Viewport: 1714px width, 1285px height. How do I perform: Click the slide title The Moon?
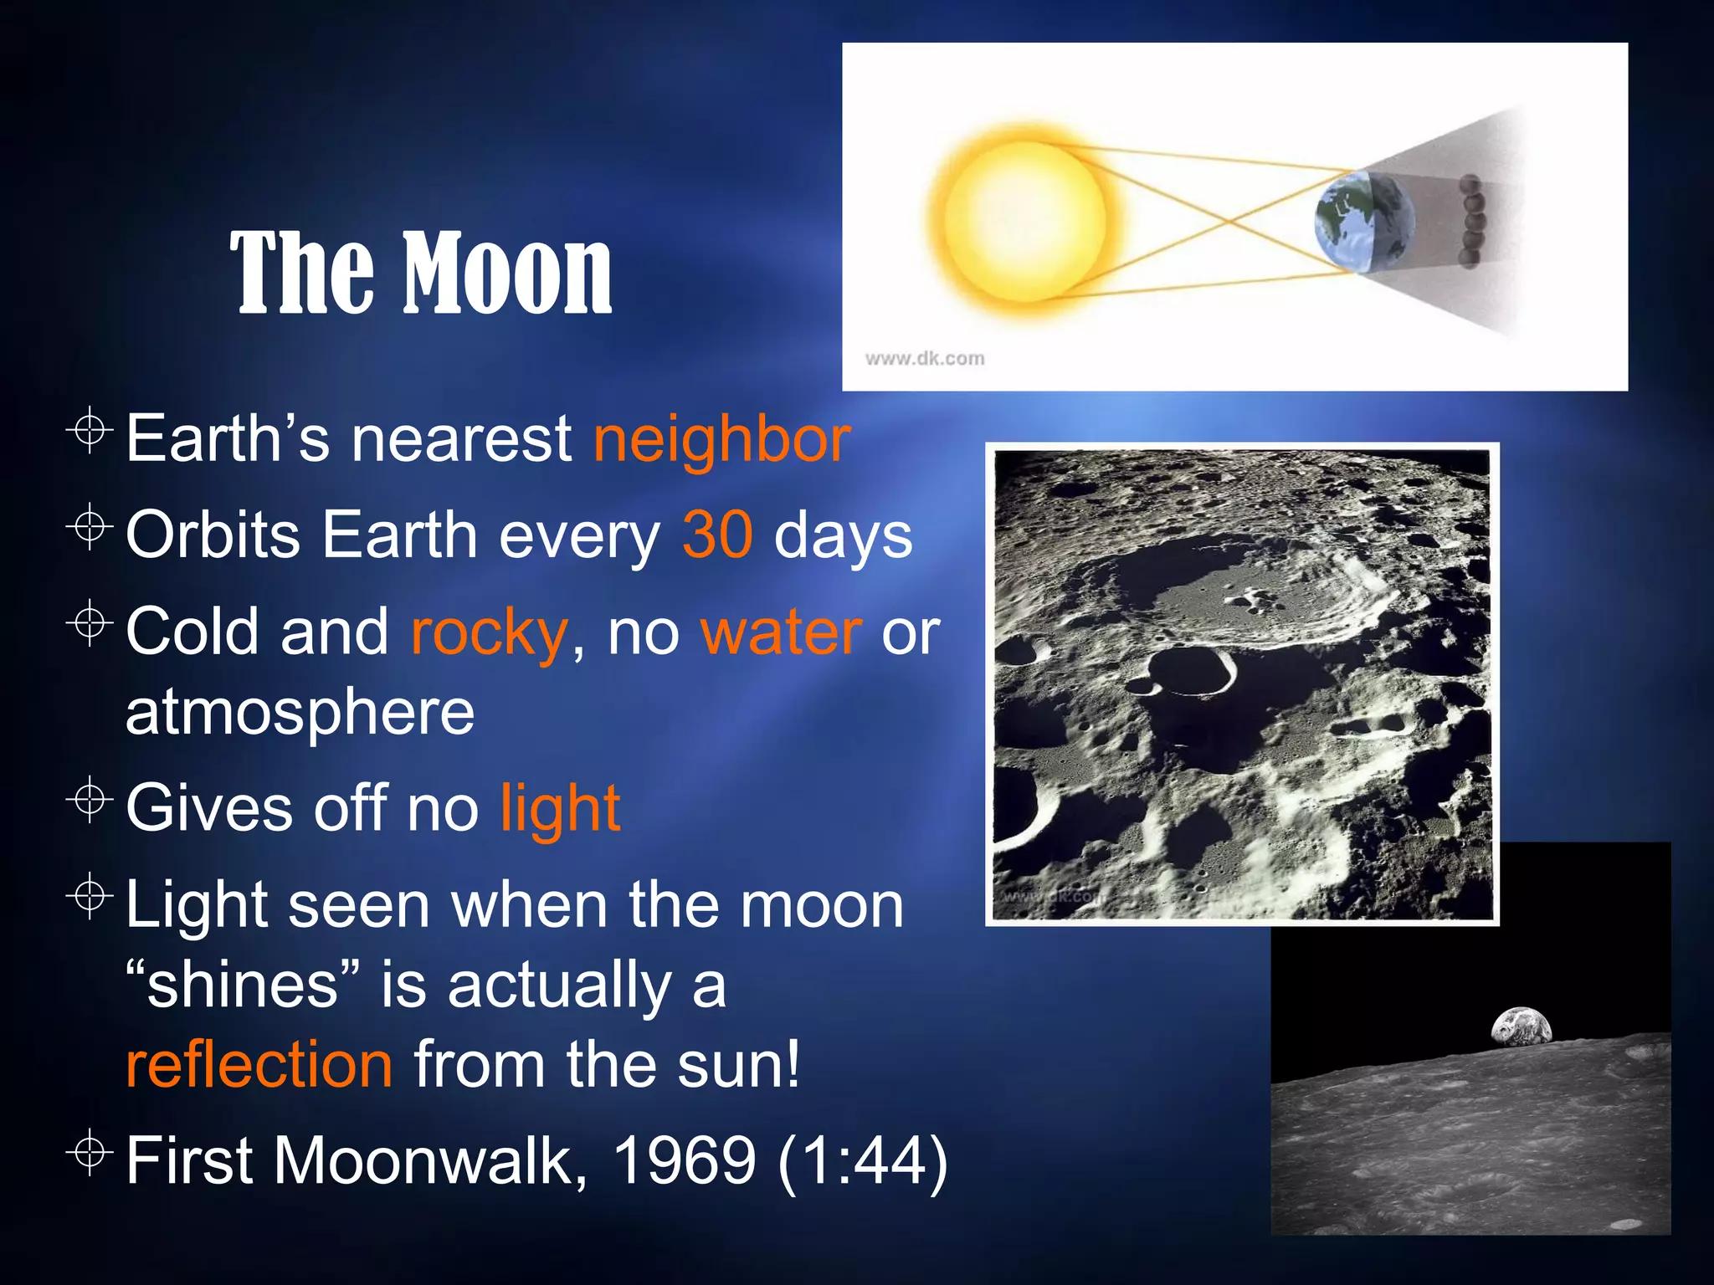click(421, 274)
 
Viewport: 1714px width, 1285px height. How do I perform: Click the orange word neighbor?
click(721, 440)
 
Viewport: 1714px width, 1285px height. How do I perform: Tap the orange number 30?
click(717, 535)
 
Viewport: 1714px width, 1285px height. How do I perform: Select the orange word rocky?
click(489, 632)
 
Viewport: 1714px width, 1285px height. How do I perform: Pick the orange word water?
click(781, 632)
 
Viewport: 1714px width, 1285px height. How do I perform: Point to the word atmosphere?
click(300, 712)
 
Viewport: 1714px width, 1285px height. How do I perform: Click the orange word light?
click(560, 808)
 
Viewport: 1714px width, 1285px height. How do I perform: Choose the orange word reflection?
click(259, 1064)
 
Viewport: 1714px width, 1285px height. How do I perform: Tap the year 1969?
click(685, 1161)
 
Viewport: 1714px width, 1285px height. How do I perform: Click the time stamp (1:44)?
click(863, 1161)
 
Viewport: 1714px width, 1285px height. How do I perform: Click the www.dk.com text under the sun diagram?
click(924, 359)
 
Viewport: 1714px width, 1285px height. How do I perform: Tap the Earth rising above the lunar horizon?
click(1521, 1027)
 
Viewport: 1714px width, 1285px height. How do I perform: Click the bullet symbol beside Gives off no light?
click(90, 801)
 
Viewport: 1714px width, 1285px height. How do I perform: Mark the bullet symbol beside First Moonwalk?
click(90, 1154)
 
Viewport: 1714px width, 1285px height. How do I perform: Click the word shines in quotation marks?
click(243, 986)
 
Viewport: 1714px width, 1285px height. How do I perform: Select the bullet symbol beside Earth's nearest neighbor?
click(90, 432)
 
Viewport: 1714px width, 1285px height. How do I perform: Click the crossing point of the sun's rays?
click(1229, 219)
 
